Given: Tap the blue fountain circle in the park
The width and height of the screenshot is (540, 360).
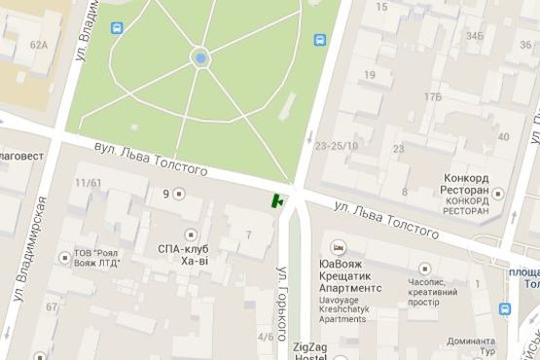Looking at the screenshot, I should (x=200, y=58).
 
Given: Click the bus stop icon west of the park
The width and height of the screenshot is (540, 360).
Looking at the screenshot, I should (x=118, y=28).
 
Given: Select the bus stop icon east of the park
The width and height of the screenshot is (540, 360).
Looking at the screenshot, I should (x=320, y=40).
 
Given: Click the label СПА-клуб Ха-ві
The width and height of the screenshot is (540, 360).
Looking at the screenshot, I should (x=184, y=254).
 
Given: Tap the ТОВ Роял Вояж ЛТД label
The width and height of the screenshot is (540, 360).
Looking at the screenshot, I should (x=101, y=258).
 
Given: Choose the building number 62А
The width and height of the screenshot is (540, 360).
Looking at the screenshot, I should (x=39, y=45).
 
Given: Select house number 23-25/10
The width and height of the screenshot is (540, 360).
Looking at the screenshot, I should (x=337, y=146).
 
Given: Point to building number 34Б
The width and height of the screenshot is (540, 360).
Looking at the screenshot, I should (x=475, y=36).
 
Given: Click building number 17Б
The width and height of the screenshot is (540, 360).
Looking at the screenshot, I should (x=432, y=96).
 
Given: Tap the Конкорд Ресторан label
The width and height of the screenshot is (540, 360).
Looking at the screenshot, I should (x=471, y=184).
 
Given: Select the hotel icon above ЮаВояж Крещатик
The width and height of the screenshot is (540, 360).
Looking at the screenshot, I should (x=337, y=246).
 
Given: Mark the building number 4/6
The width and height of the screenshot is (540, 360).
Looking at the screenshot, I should (x=266, y=337).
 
